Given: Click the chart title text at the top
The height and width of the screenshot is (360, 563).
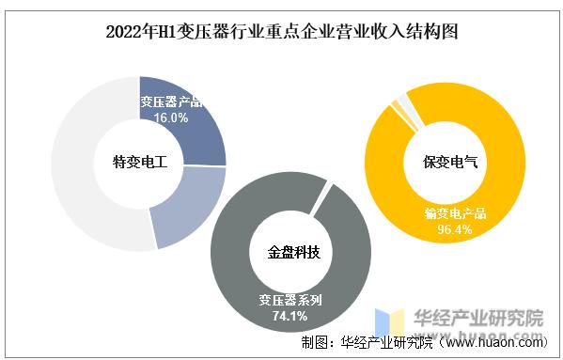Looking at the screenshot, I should click(281, 33).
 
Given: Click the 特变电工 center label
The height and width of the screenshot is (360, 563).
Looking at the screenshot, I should click(139, 162).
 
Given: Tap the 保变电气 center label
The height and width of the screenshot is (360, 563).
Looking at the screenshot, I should click(444, 162).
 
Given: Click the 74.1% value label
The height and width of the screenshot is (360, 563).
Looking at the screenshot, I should click(290, 317).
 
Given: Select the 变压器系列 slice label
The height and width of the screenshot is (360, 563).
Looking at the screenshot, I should click(290, 301).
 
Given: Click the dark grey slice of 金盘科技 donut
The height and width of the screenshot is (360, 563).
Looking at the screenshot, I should click(235, 282).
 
